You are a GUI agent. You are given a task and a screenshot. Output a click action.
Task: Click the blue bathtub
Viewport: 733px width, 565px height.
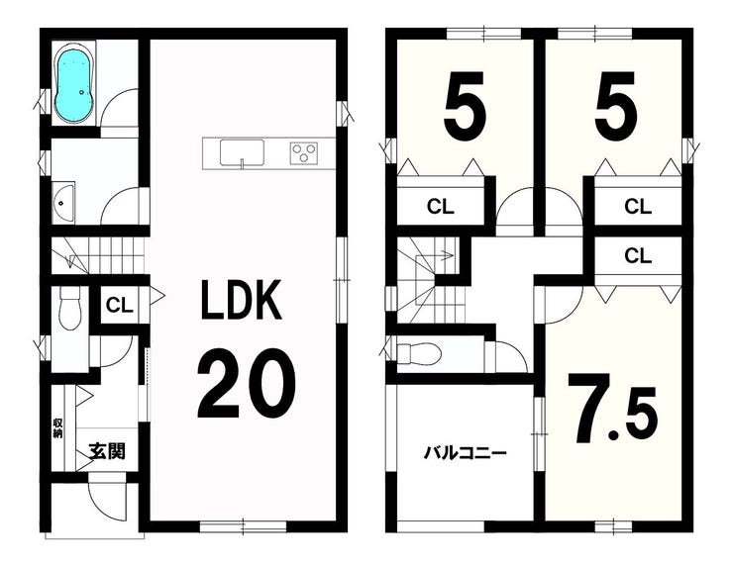click(x=75, y=84)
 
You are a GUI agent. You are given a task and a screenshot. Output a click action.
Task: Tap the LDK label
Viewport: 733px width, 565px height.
click(x=242, y=300)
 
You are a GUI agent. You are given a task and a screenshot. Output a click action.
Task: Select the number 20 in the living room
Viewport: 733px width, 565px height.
click(x=247, y=384)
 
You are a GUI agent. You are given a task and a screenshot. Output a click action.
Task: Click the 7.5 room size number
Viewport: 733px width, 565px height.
click(x=613, y=408)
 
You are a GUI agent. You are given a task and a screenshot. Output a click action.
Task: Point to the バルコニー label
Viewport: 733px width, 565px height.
click(x=466, y=452)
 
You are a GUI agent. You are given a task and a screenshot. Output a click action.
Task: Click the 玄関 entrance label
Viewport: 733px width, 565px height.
click(x=107, y=451)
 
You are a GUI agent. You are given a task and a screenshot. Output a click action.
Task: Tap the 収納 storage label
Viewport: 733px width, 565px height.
click(x=57, y=428)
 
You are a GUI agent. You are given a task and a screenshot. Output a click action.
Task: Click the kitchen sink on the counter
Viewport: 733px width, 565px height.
click(x=242, y=152)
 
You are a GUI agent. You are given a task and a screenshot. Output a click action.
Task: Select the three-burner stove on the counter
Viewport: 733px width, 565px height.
click(x=303, y=152)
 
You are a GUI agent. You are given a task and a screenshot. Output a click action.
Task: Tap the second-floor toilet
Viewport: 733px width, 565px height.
click(x=418, y=353)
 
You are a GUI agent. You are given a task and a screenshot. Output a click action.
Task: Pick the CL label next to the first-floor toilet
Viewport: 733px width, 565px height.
click(x=120, y=306)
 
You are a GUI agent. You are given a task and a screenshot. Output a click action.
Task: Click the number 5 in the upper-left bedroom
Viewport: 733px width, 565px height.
click(x=465, y=103)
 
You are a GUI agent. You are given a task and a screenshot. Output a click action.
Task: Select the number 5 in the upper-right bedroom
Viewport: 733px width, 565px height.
click(x=616, y=103)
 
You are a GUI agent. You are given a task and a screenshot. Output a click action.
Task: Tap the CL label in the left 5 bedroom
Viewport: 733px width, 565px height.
click(x=441, y=206)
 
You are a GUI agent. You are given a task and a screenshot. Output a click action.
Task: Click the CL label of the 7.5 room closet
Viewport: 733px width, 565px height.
click(x=638, y=255)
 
